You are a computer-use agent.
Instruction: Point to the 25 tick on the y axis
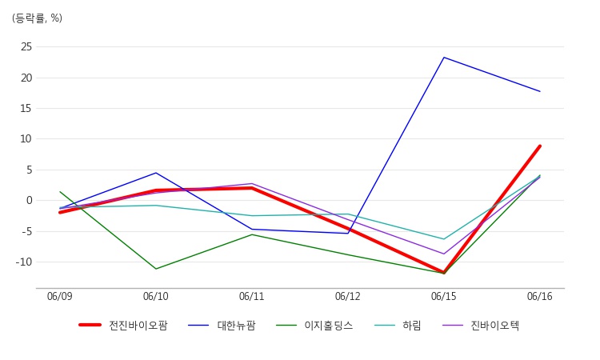point(26,46)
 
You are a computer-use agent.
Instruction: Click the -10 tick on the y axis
point(24,262)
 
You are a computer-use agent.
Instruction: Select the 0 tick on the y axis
point(29,200)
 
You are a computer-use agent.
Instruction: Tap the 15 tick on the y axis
point(26,108)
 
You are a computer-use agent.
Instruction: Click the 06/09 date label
point(60,297)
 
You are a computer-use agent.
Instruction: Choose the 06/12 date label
point(348,297)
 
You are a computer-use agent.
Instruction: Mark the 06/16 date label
point(540,297)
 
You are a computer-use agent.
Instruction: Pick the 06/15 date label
point(444,297)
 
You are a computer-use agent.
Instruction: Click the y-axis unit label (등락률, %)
point(37,18)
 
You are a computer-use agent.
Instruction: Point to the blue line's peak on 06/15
point(444,58)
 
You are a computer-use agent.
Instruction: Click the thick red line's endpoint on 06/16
point(540,146)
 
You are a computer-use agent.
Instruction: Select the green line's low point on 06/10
point(156,269)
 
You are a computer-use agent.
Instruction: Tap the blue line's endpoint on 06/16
point(540,91)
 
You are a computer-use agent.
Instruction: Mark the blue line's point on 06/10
point(156,173)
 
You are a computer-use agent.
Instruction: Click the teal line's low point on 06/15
point(444,239)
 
